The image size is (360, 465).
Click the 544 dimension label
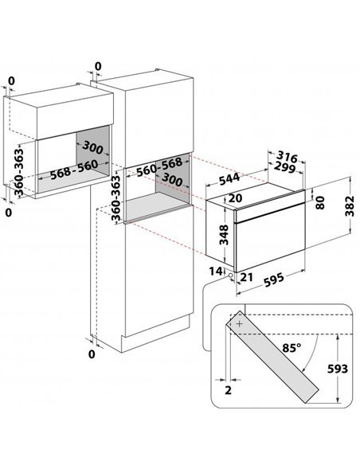229,178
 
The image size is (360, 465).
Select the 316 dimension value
287,156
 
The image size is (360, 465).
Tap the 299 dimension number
284,167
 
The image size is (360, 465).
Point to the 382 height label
350,206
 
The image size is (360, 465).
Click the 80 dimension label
320,203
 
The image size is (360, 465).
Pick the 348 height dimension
224,235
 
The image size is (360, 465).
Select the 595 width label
274,279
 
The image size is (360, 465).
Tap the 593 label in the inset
338,369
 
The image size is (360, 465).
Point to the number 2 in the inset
228,390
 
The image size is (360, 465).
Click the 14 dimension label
216,271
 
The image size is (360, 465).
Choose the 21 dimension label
247,277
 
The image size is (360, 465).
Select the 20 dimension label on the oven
236,198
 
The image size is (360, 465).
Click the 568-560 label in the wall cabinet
74,170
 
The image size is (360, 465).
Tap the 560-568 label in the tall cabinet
159,166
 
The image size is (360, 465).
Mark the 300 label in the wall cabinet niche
92,147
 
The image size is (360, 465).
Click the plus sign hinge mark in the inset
240,324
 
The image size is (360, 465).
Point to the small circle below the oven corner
230,275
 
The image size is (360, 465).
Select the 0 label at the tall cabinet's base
92,354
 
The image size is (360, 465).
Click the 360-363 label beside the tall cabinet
116,197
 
